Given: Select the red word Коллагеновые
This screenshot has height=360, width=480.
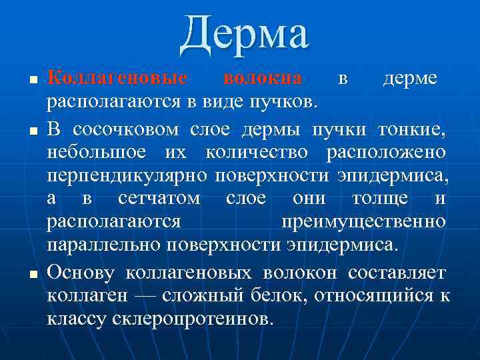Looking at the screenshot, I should coord(117,78).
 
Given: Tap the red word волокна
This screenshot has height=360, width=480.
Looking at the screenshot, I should coord(263,78).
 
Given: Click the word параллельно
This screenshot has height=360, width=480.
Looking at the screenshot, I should coord(103,245).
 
